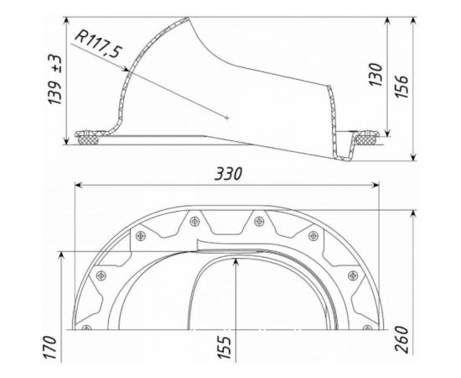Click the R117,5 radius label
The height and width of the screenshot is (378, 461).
click(x=98, y=44)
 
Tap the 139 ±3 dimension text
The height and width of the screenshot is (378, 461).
click(x=55, y=80)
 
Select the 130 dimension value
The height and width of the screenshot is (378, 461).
click(x=376, y=74)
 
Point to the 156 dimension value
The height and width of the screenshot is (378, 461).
click(x=401, y=87)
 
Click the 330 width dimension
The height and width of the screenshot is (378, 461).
click(x=228, y=174)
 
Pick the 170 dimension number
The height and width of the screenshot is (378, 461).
click(x=50, y=348)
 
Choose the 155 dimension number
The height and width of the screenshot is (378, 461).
click(x=224, y=348)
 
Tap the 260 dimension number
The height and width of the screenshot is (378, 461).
click(x=401, y=339)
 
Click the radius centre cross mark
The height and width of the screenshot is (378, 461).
click(x=226, y=118)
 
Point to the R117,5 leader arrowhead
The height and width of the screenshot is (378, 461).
click(x=125, y=69)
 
